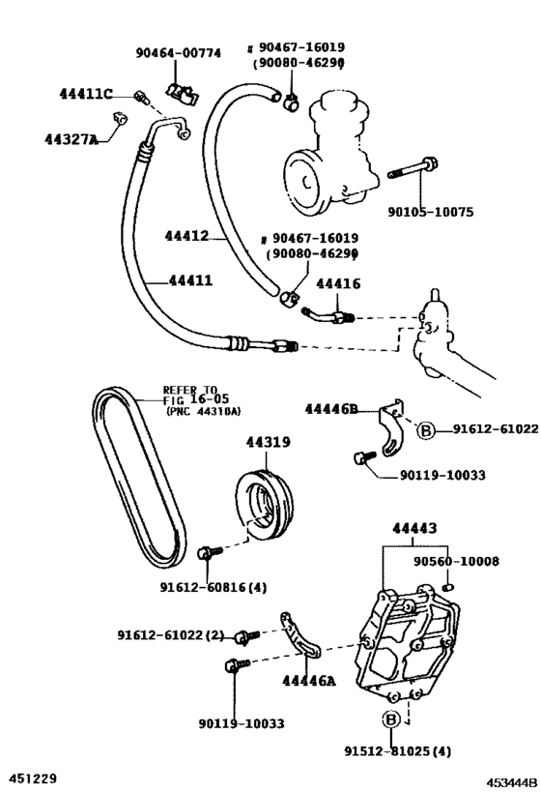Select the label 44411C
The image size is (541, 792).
(x=85, y=94)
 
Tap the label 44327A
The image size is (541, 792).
(x=71, y=139)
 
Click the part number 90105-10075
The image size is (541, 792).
(x=430, y=213)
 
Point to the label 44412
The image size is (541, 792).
(x=186, y=235)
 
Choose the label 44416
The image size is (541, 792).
(x=338, y=283)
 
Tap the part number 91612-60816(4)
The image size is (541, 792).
(x=212, y=586)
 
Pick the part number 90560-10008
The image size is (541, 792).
(x=457, y=561)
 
